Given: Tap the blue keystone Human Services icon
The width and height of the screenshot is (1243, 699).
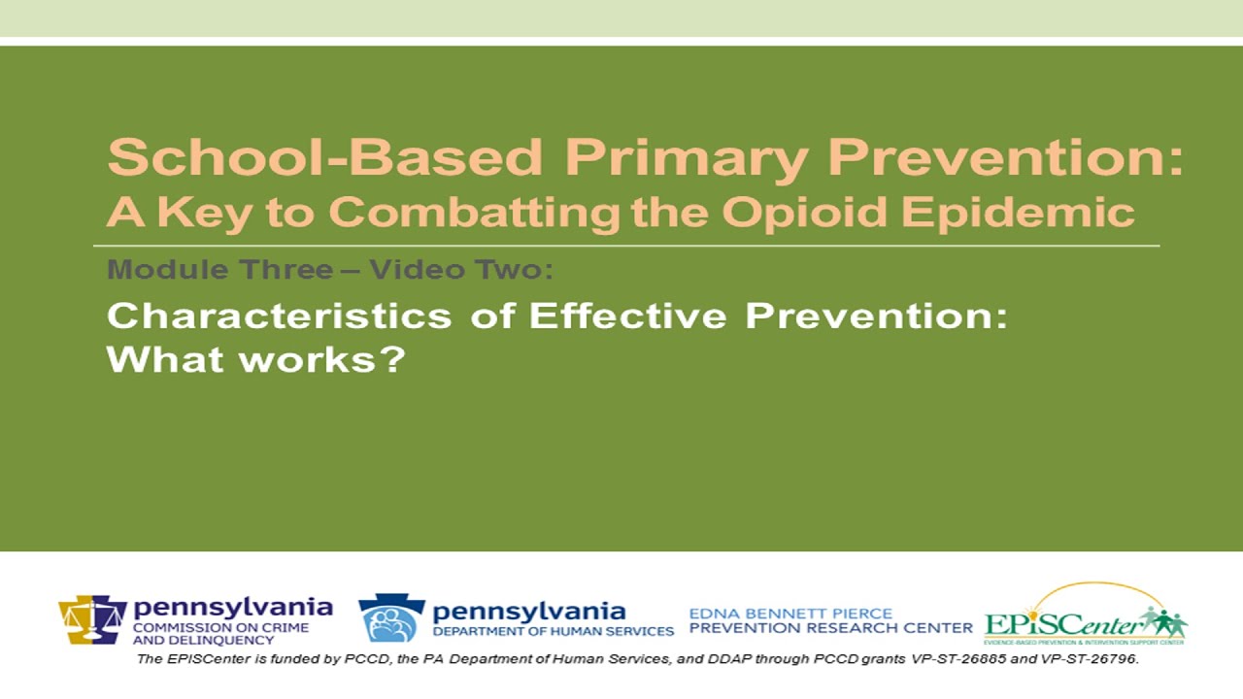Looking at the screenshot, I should pos(391,618).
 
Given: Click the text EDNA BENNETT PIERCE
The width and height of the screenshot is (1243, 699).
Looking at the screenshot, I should pos(790,614).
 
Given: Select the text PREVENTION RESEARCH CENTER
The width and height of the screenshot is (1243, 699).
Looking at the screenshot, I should pos(830,629).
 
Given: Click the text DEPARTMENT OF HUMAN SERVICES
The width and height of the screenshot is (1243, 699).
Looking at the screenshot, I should pos(554,631).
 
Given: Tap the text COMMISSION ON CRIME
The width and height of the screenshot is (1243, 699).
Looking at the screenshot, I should pos(221,627).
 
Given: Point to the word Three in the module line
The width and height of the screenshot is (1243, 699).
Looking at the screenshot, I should pos(289,270).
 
